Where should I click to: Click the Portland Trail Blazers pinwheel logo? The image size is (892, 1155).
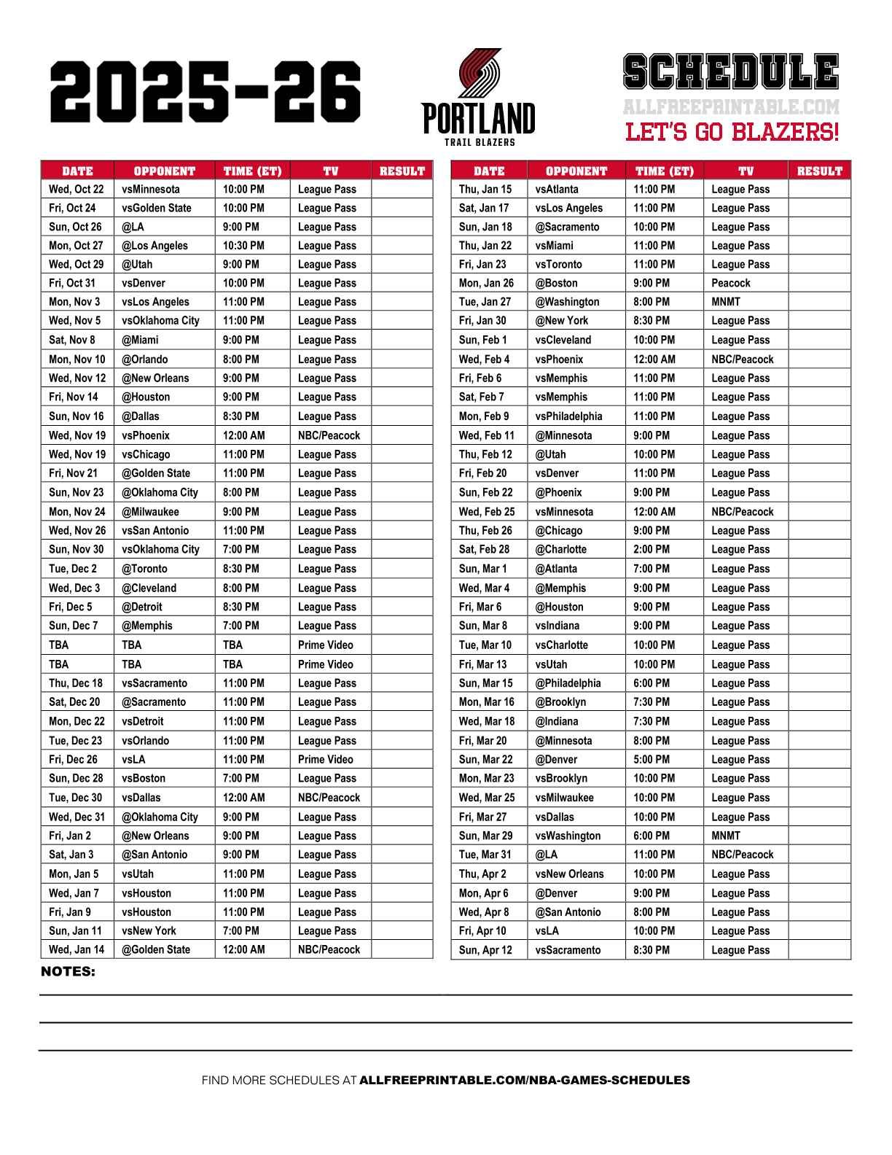coord(479,74)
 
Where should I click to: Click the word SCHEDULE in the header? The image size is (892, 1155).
coord(731,72)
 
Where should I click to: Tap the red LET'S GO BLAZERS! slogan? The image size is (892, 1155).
coord(732,133)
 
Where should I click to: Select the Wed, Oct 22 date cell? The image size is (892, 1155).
coord(77,189)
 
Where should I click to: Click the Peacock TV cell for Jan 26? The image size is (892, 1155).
coord(730,283)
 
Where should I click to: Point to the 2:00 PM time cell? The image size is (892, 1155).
coord(651,550)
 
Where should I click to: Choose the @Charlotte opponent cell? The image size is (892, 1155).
coord(560,550)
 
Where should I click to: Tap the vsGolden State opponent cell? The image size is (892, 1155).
coord(156,208)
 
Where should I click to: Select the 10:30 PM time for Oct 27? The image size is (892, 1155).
coord(243,246)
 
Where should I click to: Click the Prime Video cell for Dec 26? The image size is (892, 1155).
coord(325,760)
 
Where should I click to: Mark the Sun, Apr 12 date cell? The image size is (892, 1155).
coord(485,950)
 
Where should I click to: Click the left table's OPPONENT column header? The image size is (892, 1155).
coord(164,171)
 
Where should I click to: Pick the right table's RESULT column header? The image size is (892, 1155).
coord(819,171)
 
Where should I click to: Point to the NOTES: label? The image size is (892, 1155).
coord(68,972)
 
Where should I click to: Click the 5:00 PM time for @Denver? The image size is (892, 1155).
coord(651,760)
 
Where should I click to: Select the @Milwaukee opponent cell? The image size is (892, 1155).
coord(149,512)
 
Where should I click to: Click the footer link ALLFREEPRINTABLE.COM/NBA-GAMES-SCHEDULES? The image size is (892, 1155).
coord(524,1081)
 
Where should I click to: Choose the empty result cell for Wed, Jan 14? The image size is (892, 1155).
coord(402,950)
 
